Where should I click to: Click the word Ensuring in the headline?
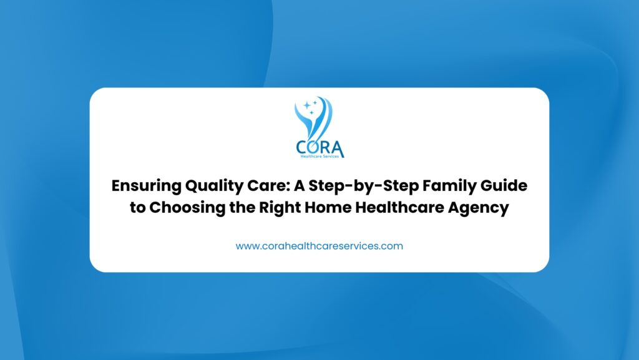coord(146,186)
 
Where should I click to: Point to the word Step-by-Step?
coord(364,186)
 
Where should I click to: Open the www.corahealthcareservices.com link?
coord(319,246)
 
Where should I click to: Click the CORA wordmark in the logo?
coord(320,147)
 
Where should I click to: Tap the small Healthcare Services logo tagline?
coord(320,157)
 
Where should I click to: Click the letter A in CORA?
coord(338,148)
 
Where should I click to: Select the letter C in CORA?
coord(302,147)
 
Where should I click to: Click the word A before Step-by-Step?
coord(299,186)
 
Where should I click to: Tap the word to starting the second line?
coord(137,208)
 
